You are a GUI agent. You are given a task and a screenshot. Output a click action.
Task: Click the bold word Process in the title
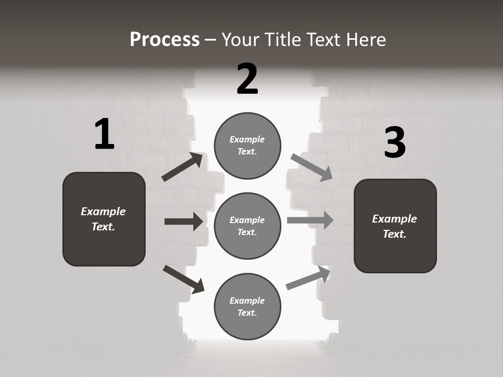(165, 40)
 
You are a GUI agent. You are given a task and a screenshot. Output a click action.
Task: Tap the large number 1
(104, 135)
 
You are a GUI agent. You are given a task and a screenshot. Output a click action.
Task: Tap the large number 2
(247, 79)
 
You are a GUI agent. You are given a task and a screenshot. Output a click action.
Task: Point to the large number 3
(395, 142)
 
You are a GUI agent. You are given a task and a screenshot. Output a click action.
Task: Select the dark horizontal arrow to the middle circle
(183, 221)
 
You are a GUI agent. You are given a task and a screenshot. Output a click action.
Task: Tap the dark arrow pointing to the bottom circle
(183, 279)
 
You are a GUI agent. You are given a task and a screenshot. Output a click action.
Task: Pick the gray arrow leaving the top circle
(311, 167)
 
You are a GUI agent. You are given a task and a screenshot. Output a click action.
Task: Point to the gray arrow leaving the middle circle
(310, 220)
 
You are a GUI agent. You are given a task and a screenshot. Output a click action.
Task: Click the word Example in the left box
(103, 212)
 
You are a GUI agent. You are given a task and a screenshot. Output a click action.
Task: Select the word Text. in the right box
(395, 234)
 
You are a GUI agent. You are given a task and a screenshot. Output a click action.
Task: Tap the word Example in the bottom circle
(247, 301)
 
